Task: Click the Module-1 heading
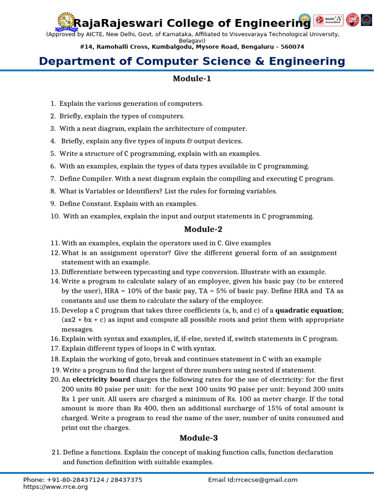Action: click(192, 78)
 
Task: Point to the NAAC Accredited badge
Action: click(328, 20)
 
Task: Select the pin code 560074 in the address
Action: click(290, 47)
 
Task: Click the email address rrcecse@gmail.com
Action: click(266, 480)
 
